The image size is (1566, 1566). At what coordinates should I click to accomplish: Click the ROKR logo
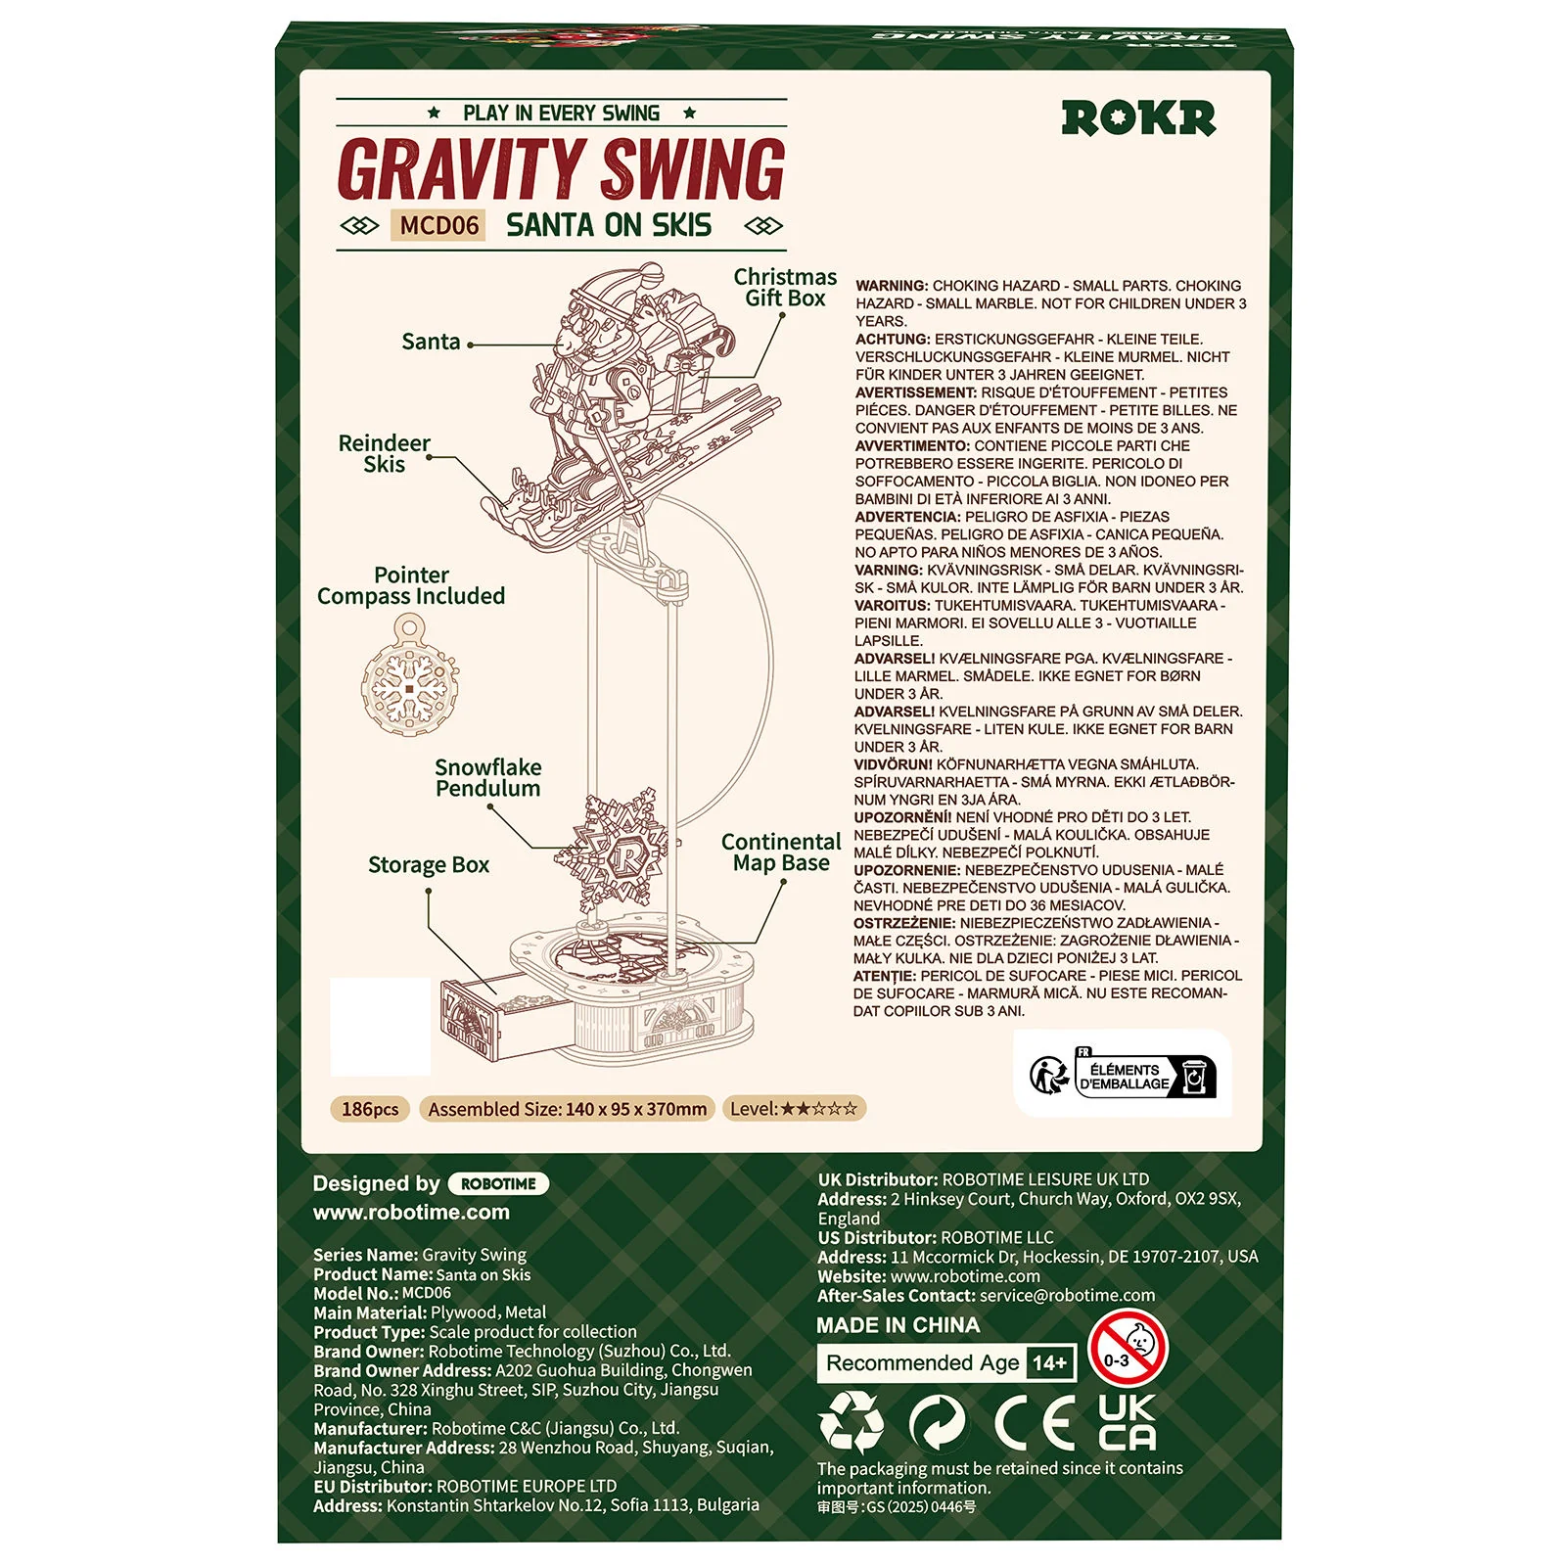[x=1138, y=118]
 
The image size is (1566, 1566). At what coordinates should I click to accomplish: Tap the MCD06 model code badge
[x=439, y=226]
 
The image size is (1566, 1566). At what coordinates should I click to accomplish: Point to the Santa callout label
[x=431, y=342]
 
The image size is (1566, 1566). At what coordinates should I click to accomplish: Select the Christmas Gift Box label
[x=785, y=288]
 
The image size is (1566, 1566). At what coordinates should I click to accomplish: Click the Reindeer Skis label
[x=384, y=454]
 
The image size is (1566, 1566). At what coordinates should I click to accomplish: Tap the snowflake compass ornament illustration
[x=409, y=674]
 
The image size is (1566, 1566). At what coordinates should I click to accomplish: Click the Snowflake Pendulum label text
[x=487, y=778]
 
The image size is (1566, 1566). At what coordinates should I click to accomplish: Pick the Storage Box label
[x=429, y=865]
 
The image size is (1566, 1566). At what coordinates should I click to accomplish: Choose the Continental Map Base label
[x=781, y=852]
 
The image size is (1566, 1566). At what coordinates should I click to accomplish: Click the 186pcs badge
[x=370, y=1109]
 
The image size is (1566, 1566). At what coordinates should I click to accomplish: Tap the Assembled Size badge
[x=568, y=1109]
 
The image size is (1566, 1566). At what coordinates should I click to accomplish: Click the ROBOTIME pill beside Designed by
[x=498, y=1184]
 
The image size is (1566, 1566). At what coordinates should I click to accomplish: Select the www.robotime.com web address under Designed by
[x=411, y=1213]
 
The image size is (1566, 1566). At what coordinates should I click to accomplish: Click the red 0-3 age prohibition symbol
[x=1128, y=1349]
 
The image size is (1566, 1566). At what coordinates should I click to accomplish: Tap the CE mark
[x=1036, y=1423]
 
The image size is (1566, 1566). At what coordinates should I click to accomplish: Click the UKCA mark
[x=1127, y=1422]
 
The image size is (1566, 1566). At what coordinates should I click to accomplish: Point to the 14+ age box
[x=1049, y=1363]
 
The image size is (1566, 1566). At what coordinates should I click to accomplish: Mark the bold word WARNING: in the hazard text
[x=892, y=286]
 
